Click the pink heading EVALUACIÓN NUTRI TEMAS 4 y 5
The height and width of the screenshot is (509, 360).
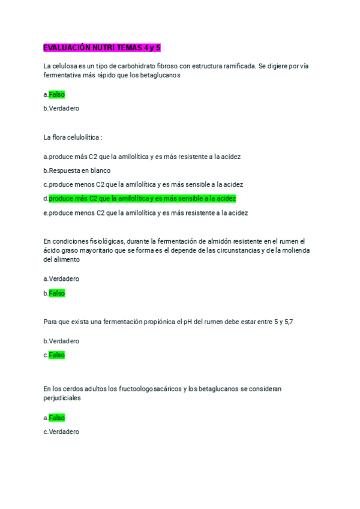click(x=102, y=47)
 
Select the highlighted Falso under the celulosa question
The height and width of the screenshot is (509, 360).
click(x=57, y=94)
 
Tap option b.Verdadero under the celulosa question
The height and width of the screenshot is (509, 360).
click(x=61, y=109)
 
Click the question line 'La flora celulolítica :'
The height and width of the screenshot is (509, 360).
click(x=73, y=137)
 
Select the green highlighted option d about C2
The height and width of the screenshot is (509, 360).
click(x=142, y=198)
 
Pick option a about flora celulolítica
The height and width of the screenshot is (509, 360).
click(x=142, y=157)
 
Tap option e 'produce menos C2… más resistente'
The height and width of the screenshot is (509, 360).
click(x=146, y=212)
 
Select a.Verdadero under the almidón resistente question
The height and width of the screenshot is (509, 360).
click(x=61, y=279)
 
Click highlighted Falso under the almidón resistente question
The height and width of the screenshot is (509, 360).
click(x=57, y=293)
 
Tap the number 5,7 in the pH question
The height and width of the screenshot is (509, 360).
click(x=288, y=322)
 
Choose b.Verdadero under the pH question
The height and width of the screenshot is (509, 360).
click(x=61, y=341)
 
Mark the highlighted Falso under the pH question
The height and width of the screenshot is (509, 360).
click(x=57, y=355)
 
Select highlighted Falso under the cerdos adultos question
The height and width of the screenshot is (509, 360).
click(x=57, y=417)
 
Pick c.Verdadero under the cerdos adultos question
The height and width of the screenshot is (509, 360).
click(x=61, y=432)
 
